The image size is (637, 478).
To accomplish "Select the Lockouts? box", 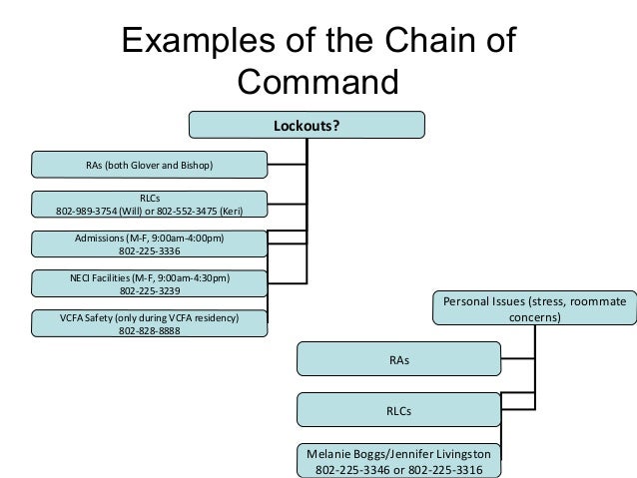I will tap(309, 125).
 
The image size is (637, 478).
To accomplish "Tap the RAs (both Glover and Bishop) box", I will tap(150, 164).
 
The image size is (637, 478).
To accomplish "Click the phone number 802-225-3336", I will tap(150, 251).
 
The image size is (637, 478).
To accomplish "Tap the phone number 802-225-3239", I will tap(150, 291).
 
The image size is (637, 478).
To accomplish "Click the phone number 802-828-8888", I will tap(150, 331).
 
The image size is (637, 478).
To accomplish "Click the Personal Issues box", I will tap(534, 308).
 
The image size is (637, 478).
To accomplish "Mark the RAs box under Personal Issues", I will tap(398, 359).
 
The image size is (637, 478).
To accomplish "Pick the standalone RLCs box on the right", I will tap(398, 410).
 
